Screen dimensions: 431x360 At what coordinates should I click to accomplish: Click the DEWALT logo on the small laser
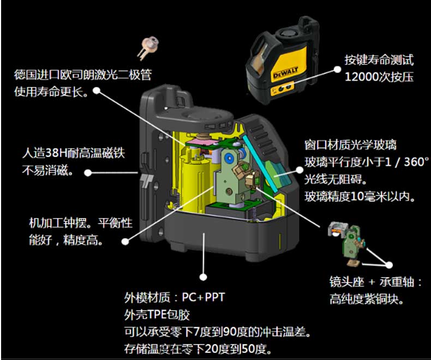click(285, 73)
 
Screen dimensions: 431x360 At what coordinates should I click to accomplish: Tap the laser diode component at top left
click(148, 47)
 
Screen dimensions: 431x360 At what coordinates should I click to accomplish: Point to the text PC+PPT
click(203, 297)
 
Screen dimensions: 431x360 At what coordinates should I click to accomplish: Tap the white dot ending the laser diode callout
click(97, 91)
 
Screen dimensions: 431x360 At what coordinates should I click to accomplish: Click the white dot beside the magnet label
click(88, 172)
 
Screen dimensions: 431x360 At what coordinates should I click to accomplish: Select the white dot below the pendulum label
click(125, 242)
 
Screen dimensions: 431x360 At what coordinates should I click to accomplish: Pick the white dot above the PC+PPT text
click(203, 277)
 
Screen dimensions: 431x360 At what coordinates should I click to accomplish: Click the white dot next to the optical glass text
click(300, 170)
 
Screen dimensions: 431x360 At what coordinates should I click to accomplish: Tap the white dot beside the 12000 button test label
click(337, 70)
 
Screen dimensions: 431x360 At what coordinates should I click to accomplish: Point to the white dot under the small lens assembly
click(388, 265)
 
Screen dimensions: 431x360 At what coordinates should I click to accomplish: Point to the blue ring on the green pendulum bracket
click(229, 158)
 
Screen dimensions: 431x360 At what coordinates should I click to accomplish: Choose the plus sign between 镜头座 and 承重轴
click(372, 282)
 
